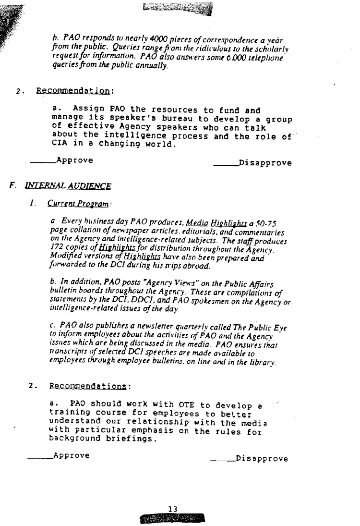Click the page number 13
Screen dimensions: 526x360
click(x=173, y=509)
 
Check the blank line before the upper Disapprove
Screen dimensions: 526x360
click(x=226, y=165)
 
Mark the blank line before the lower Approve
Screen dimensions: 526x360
click(x=39, y=458)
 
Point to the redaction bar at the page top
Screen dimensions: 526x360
click(x=178, y=9)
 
